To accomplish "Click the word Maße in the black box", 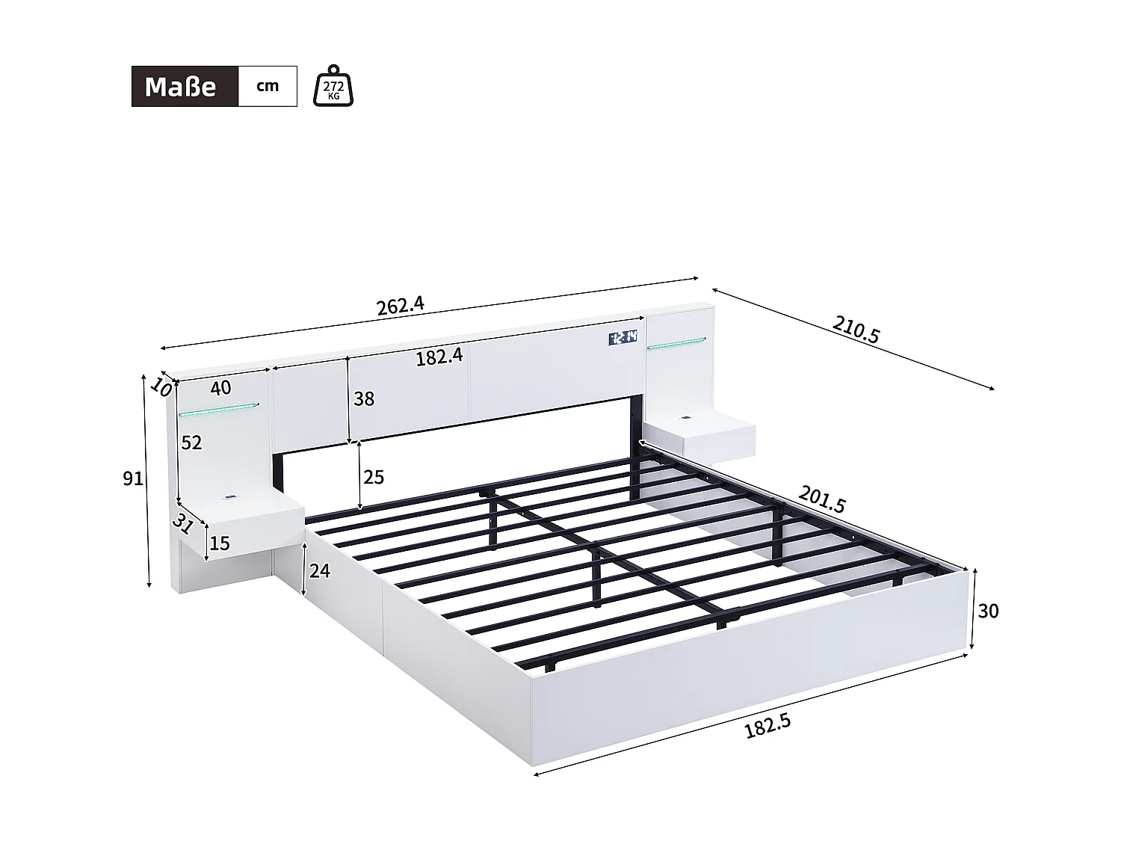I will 181,87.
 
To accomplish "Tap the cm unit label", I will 268,86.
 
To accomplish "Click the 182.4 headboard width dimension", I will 439,357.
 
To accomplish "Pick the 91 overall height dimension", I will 133,478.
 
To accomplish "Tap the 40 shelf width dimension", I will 220,388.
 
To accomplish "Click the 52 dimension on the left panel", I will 191,443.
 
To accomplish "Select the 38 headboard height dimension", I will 364,399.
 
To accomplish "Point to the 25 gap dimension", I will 373,477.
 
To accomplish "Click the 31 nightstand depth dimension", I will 182,522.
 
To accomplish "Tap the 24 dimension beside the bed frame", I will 319,571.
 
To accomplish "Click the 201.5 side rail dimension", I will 821,499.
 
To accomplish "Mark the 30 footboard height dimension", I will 988,612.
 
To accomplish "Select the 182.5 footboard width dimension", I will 768,726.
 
